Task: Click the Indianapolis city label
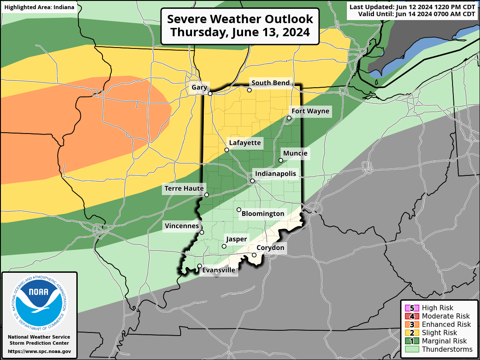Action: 275,174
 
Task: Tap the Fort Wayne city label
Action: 310,111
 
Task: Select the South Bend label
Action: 270,83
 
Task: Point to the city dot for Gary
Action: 210,93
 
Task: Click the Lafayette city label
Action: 245,143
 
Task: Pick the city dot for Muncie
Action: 281,160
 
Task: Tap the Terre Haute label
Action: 184,189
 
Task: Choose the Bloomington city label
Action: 263,214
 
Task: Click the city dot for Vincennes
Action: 202,233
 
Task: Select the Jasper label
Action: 236,239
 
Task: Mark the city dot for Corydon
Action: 254,255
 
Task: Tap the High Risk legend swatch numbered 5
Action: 411,308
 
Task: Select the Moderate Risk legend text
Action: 446,316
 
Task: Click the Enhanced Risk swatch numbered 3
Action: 411,325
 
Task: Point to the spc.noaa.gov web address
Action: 39,351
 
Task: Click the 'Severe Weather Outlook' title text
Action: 240,19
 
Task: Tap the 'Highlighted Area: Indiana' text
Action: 39,7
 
